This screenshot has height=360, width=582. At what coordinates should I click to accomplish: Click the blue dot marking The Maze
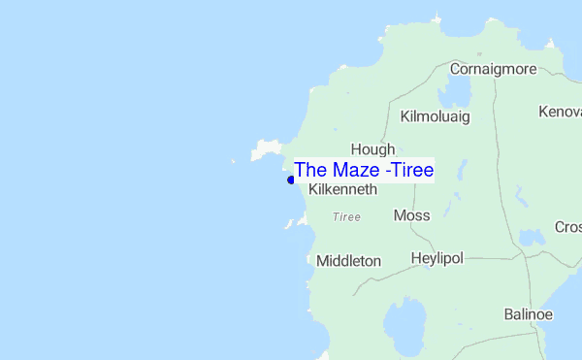click(291, 180)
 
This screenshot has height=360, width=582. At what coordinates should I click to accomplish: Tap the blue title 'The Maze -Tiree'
click(364, 170)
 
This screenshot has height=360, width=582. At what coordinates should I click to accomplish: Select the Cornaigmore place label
click(494, 69)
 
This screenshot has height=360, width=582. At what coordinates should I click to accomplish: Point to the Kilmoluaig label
click(435, 116)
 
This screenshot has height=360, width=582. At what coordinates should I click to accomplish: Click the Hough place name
click(372, 149)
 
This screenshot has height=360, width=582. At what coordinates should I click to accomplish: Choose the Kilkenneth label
click(342, 190)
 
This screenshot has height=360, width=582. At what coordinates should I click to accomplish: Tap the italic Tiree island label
click(346, 217)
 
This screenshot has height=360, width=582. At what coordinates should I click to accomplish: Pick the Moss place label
click(412, 215)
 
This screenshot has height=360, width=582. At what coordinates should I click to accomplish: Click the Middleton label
click(348, 261)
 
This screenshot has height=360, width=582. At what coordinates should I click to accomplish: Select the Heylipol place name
click(437, 259)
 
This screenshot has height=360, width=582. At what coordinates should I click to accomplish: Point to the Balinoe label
click(529, 314)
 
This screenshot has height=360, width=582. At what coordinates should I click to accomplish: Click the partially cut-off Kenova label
click(560, 112)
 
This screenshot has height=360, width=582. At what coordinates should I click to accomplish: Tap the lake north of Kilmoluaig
click(454, 91)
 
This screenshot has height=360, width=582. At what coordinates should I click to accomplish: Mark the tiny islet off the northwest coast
click(233, 161)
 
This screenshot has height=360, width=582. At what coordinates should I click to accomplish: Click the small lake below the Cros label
click(532, 238)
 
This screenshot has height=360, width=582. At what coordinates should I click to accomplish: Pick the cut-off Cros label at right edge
click(567, 227)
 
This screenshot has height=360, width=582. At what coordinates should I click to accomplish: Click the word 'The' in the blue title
click(310, 170)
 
